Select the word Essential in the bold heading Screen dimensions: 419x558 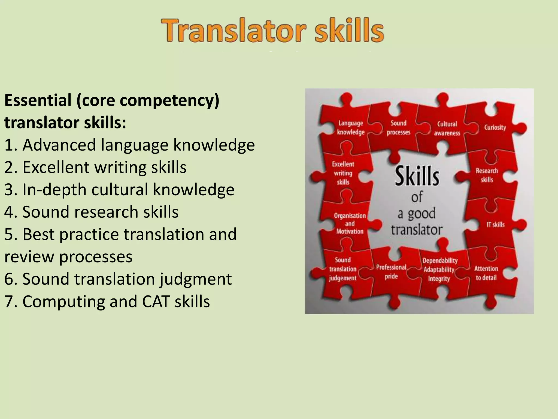[38, 100]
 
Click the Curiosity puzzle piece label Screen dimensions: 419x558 [495, 127]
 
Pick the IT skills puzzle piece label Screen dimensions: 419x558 [496, 225]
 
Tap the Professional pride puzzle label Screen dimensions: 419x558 [391, 272]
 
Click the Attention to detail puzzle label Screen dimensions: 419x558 [486, 273]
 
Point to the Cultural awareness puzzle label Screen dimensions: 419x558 [447, 128]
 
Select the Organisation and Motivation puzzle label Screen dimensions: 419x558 [350, 223]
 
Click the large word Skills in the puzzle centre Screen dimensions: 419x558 [417, 176]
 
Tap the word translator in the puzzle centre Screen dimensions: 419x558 [417, 230]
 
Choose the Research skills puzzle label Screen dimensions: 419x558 [487, 175]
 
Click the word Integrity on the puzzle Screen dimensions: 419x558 [439, 279]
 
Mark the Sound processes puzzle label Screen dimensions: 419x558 [398, 128]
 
